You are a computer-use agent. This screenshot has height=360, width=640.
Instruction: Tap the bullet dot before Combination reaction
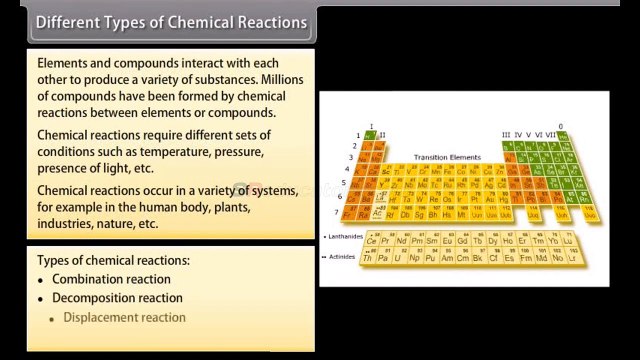tap(42, 280)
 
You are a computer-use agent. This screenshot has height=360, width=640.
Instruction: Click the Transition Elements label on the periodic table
tap(446, 157)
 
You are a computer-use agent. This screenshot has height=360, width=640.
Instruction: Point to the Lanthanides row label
tap(343, 236)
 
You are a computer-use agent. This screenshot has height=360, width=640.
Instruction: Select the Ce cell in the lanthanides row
tap(371, 241)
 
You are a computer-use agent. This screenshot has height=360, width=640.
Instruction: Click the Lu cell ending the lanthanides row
tap(569, 241)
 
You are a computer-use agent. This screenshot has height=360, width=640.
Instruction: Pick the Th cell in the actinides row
tap(369, 258)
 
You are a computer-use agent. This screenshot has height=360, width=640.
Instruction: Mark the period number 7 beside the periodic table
tap(337, 212)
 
